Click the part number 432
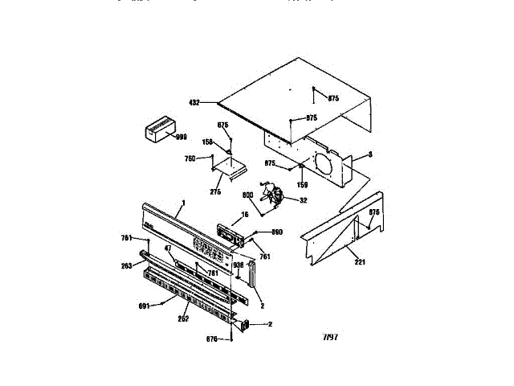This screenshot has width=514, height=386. [194, 102]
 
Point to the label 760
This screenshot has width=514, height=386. [190, 158]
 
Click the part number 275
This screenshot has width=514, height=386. [215, 191]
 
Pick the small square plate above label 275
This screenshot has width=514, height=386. [227, 170]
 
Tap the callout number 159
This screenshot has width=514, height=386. [303, 173]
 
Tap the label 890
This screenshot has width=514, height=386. [278, 232]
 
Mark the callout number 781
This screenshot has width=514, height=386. [214, 273]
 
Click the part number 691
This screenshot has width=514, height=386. [166, 306]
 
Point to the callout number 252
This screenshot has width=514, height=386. [183, 320]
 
